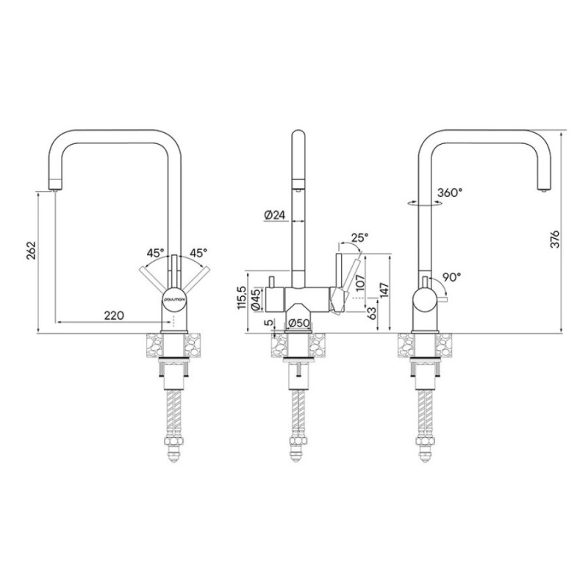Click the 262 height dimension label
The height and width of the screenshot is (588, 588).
coord(31,251)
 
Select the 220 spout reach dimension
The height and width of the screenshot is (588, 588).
coord(114,315)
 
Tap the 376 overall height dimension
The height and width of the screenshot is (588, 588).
coord(555,239)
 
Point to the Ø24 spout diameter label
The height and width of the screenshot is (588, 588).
coord(275,215)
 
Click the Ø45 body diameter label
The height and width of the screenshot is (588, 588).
coord(257,300)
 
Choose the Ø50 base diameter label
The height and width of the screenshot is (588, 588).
coord(298,323)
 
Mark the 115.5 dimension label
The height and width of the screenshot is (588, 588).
coord(242,298)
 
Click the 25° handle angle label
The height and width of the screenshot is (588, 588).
coord(359,237)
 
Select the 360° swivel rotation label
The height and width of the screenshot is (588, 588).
coord(450,193)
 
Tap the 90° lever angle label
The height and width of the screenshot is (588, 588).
coord(451,277)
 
